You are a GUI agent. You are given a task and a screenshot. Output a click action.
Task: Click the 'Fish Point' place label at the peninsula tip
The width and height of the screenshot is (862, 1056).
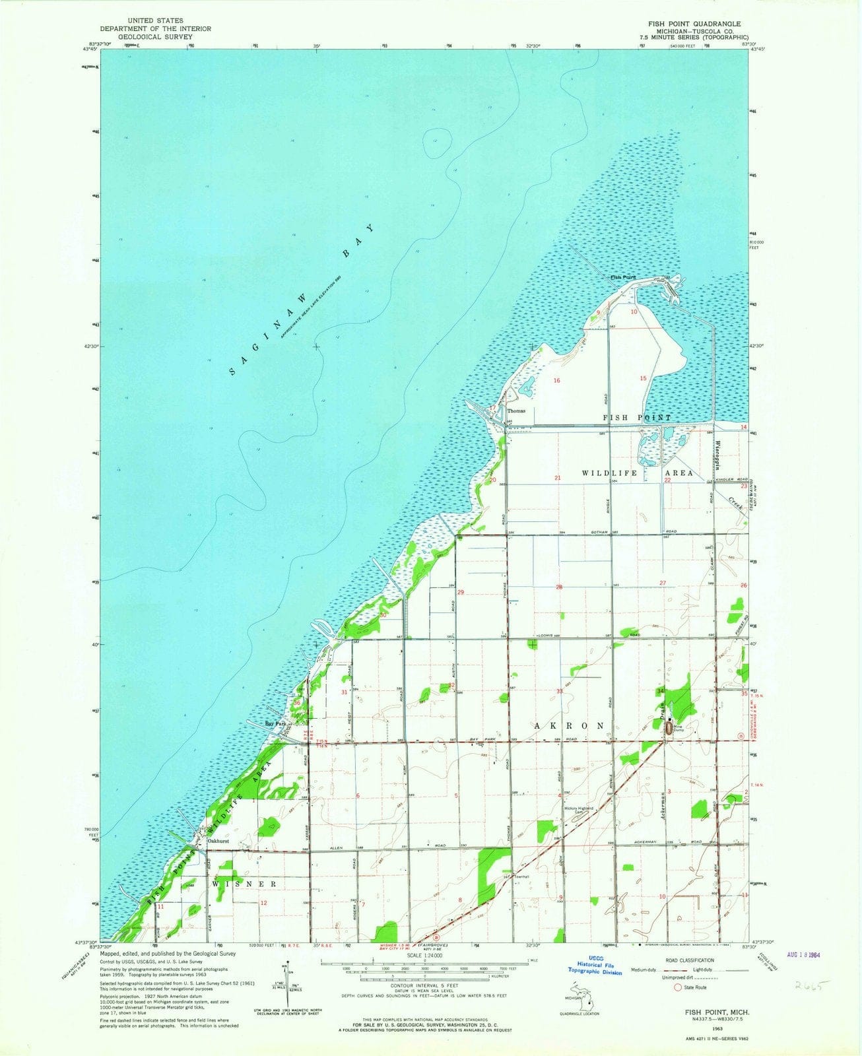pos(622,277)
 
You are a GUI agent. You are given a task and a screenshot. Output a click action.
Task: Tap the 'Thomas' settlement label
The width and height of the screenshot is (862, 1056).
pos(516,411)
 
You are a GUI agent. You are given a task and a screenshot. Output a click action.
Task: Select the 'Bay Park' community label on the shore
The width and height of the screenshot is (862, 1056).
pos(275,724)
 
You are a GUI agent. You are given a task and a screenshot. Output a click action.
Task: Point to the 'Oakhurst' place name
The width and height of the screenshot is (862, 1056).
pos(217,841)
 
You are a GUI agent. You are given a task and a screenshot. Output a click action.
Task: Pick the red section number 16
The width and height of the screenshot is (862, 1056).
pos(556,381)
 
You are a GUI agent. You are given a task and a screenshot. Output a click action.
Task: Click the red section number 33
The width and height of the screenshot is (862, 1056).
pos(559,691)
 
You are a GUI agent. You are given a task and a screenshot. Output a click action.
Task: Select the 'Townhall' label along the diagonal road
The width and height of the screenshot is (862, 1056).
pos(523,877)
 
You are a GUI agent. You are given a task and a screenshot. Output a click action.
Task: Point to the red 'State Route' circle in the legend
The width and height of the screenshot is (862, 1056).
pos(677,988)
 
